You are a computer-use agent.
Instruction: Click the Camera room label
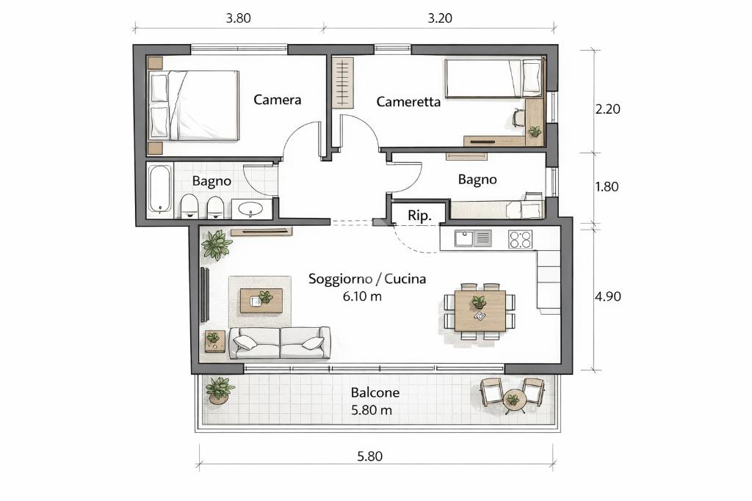(277, 100)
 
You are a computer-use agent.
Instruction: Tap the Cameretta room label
(408, 101)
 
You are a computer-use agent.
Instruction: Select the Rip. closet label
(419, 216)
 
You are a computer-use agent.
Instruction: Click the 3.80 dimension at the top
(239, 18)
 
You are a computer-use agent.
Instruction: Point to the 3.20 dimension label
(440, 18)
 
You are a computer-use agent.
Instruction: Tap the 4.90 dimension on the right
(607, 296)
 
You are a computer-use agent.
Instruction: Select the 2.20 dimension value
(607, 109)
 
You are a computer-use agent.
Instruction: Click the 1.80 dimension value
(607, 186)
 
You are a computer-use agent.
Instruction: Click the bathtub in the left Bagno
(159, 189)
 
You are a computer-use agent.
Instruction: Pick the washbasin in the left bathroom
(251, 209)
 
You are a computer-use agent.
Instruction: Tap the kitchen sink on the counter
(473, 238)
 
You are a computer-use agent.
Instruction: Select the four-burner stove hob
(521, 239)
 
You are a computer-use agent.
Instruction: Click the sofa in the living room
(280, 343)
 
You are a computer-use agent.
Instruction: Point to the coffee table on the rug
(261, 301)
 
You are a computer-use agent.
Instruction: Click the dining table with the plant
(480, 311)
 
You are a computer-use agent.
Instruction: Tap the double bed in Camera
(194, 106)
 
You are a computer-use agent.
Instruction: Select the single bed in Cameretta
(493, 78)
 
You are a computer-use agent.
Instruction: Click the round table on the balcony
(514, 399)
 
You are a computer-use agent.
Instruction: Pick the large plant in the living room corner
(217, 244)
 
